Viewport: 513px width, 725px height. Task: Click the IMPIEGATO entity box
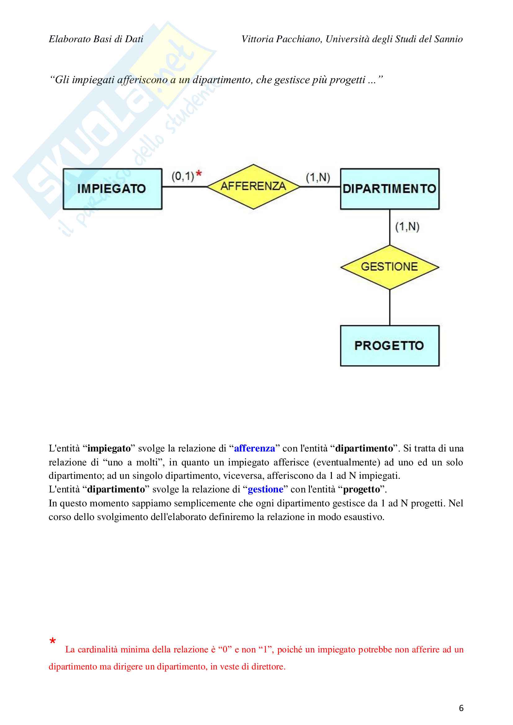click(x=112, y=189)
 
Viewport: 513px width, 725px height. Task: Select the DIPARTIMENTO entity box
click(x=389, y=189)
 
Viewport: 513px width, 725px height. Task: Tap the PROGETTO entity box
click(x=389, y=345)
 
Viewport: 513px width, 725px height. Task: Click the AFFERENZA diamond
click(x=253, y=186)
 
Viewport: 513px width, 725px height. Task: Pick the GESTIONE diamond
click(x=389, y=267)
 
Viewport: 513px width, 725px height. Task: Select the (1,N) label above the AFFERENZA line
click(x=318, y=177)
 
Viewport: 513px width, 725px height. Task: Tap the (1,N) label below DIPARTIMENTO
click(x=407, y=226)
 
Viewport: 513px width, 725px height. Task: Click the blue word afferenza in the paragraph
click(x=254, y=448)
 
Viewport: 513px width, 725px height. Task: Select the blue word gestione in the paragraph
click(x=265, y=489)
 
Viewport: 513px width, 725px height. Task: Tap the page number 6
click(x=461, y=708)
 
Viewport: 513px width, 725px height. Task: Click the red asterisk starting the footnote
click(x=52, y=641)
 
